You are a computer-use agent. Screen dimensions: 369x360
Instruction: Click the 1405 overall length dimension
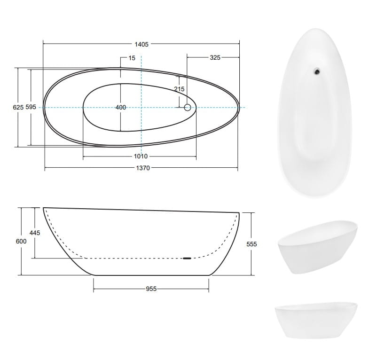click(141, 44)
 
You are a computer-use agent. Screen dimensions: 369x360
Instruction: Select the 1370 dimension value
click(143, 168)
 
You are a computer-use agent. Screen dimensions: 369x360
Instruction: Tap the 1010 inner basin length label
click(141, 156)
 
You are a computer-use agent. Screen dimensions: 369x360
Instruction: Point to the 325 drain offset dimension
click(215, 57)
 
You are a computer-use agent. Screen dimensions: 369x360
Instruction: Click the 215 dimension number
click(179, 89)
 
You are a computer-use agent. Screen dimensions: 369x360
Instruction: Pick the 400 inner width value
click(121, 108)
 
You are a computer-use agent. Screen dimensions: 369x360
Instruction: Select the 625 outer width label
click(18, 107)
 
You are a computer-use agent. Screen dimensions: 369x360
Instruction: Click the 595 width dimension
click(31, 107)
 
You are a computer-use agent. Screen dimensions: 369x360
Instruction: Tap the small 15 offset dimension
click(132, 58)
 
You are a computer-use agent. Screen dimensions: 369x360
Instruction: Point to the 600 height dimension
click(21, 242)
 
